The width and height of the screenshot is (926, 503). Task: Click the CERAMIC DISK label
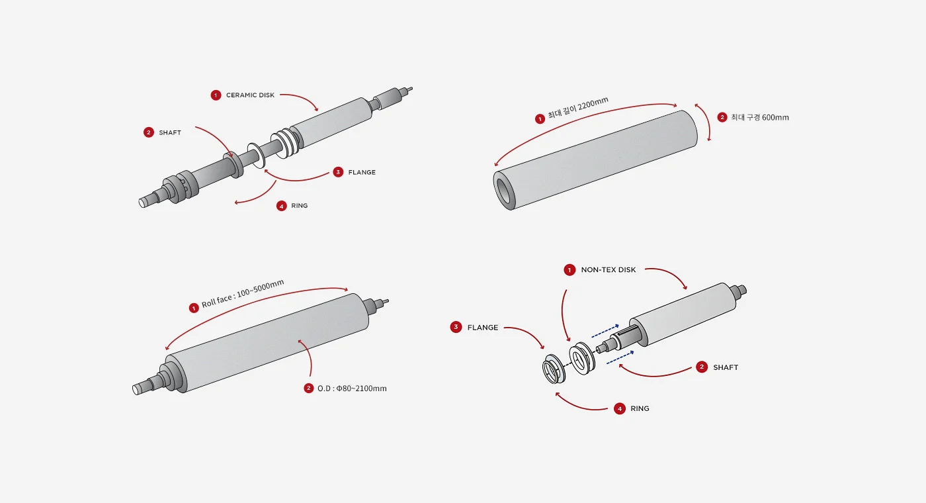click(250, 95)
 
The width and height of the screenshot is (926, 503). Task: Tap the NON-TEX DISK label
click(608, 270)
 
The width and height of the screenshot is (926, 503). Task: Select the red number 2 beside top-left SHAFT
click(149, 132)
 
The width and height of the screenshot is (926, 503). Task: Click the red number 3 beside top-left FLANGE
click(338, 172)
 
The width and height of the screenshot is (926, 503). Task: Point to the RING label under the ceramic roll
click(299, 206)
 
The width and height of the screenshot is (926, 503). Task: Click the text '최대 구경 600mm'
click(760, 118)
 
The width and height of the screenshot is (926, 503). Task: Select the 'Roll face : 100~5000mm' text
click(243, 294)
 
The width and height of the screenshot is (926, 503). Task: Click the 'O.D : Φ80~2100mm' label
click(352, 389)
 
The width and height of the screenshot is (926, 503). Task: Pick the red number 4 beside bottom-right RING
click(620, 409)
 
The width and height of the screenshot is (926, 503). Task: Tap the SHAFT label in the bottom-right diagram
click(725, 367)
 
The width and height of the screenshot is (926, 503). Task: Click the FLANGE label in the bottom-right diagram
click(482, 328)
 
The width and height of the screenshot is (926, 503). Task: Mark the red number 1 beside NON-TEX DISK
click(569, 270)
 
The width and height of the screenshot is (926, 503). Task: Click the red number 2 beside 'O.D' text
click(309, 389)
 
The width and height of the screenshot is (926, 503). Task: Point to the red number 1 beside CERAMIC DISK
click(216, 95)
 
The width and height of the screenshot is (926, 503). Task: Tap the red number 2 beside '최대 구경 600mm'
click(722, 117)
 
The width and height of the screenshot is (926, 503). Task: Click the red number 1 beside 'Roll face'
click(194, 308)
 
